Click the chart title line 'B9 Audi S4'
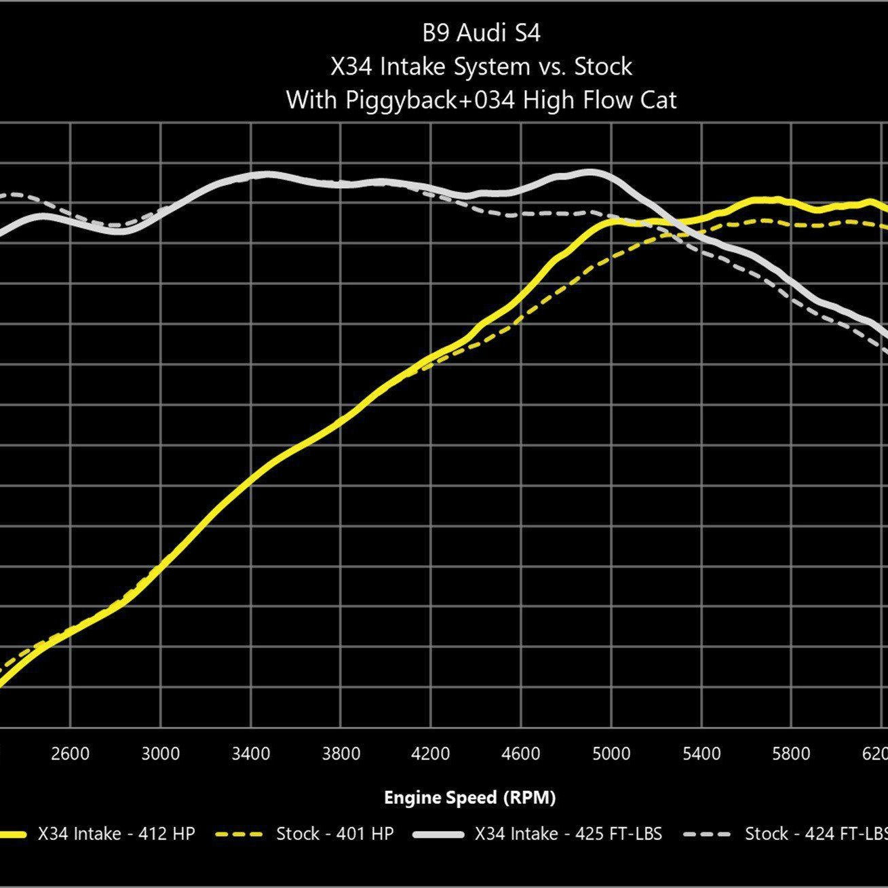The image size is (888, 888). (x=481, y=33)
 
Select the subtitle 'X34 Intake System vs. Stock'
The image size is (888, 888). (x=481, y=66)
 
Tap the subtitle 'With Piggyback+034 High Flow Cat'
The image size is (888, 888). (x=481, y=100)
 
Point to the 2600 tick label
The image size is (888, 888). (x=70, y=754)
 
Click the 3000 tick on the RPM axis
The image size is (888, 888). (x=160, y=754)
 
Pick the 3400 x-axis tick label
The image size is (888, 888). (x=250, y=754)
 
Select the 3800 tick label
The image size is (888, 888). (x=341, y=754)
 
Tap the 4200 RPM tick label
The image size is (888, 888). (x=431, y=754)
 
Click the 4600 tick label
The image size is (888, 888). (x=521, y=754)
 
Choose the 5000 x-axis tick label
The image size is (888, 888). (x=611, y=754)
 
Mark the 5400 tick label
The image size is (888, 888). (x=701, y=754)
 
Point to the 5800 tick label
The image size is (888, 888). (x=791, y=754)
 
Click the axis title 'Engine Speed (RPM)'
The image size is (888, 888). (x=469, y=798)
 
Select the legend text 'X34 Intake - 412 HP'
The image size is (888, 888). (x=116, y=834)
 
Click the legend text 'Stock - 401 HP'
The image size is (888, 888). (x=334, y=834)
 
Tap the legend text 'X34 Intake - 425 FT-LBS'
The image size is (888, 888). (x=568, y=834)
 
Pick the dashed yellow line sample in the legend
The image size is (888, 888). (x=238, y=834)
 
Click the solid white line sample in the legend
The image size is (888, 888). (x=437, y=834)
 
